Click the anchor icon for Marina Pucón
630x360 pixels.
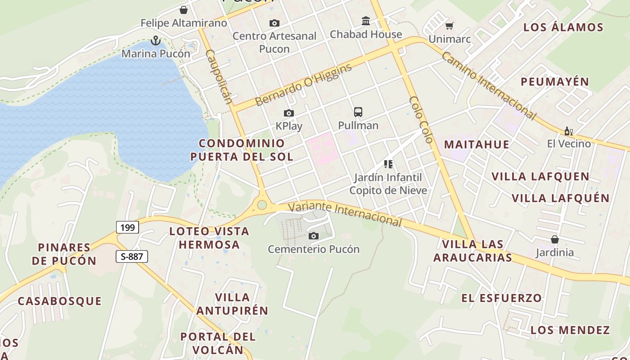[x=155, y=41]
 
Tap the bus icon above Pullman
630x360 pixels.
[x=358, y=112]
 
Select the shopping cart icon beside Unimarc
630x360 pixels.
[x=449, y=26]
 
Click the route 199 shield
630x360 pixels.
[x=127, y=227]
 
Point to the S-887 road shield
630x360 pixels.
[x=132, y=256]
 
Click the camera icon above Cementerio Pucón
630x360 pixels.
[x=314, y=236]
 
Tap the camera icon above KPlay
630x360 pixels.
[x=289, y=113]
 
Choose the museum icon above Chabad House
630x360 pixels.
[x=366, y=21]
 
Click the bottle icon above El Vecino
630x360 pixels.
[x=569, y=131]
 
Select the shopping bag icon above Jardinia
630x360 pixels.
[x=555, y=239]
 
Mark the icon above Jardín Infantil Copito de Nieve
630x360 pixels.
[x=388, y=164]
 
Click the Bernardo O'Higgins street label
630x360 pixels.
[x=303, y=85]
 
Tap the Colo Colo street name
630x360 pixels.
[x=421, y=120]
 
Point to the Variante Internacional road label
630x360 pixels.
[x=345, y=213]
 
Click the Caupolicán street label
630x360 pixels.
[x=219, y=76]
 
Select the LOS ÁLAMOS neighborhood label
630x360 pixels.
[x=563, y=27]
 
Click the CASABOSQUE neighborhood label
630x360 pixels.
[x=59, y=301]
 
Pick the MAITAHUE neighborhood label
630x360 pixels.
[x=477, y=144]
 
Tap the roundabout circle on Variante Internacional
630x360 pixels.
[x=262, y=206]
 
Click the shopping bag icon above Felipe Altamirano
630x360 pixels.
[x=184, y=10]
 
